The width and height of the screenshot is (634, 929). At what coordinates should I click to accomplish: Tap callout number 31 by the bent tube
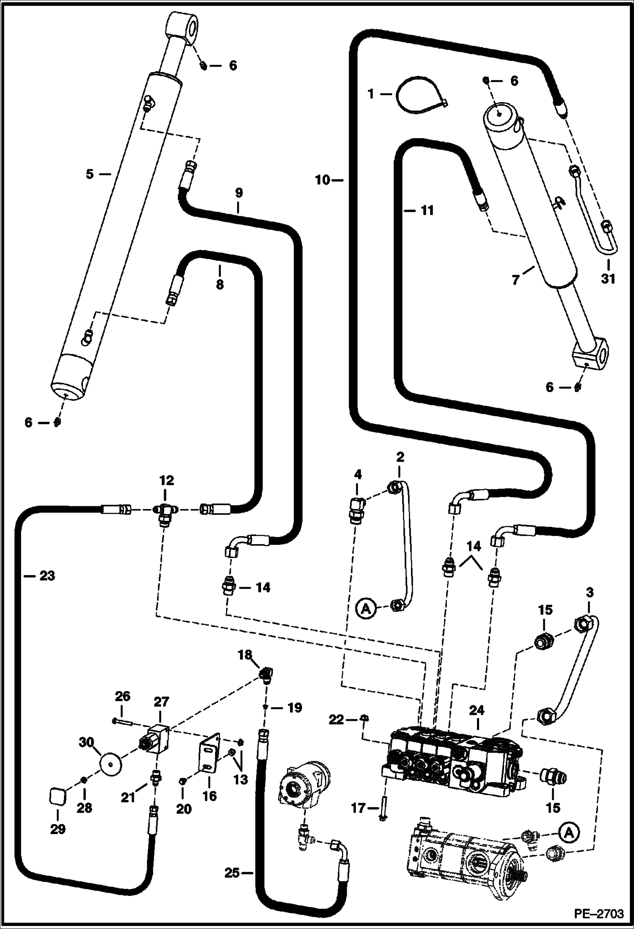[x=608, y=279]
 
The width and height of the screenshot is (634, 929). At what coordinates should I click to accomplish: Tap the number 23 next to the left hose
[x=47, y=576]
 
